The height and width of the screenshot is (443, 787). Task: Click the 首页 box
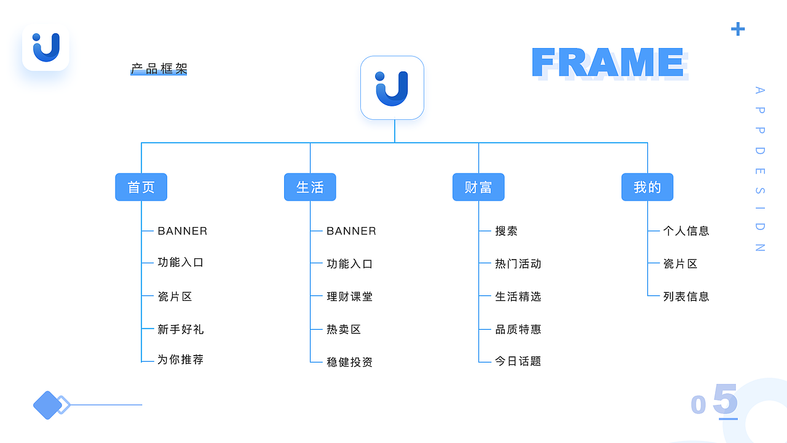click(141, 187)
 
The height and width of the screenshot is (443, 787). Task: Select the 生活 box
click(310, 187)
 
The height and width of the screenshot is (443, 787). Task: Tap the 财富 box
click(478, 187)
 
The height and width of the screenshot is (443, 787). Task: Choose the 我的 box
click(647, 187)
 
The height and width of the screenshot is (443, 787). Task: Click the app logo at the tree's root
click(392, 88)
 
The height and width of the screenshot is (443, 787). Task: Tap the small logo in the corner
click(45, 47)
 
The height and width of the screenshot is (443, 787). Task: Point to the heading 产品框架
click(159, 68)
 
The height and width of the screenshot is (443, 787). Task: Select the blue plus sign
click(738, 29)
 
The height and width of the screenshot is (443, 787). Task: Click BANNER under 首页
click(183, 231)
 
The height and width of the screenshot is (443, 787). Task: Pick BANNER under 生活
click(351, 231)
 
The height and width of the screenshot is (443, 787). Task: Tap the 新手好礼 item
click(181, 329)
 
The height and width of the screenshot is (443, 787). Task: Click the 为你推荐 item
click(181, 360)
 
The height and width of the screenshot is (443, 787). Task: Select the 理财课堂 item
click(350, 297)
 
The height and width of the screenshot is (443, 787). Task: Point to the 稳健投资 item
click(350, 362)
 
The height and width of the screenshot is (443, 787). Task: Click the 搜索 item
click(506, 231)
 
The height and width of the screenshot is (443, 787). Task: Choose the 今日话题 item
click(518, 361)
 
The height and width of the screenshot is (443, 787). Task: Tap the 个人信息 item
click(686, 231)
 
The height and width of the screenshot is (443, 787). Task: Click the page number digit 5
click(726, 399)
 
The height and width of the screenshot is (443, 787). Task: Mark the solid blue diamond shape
click(47, 405)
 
